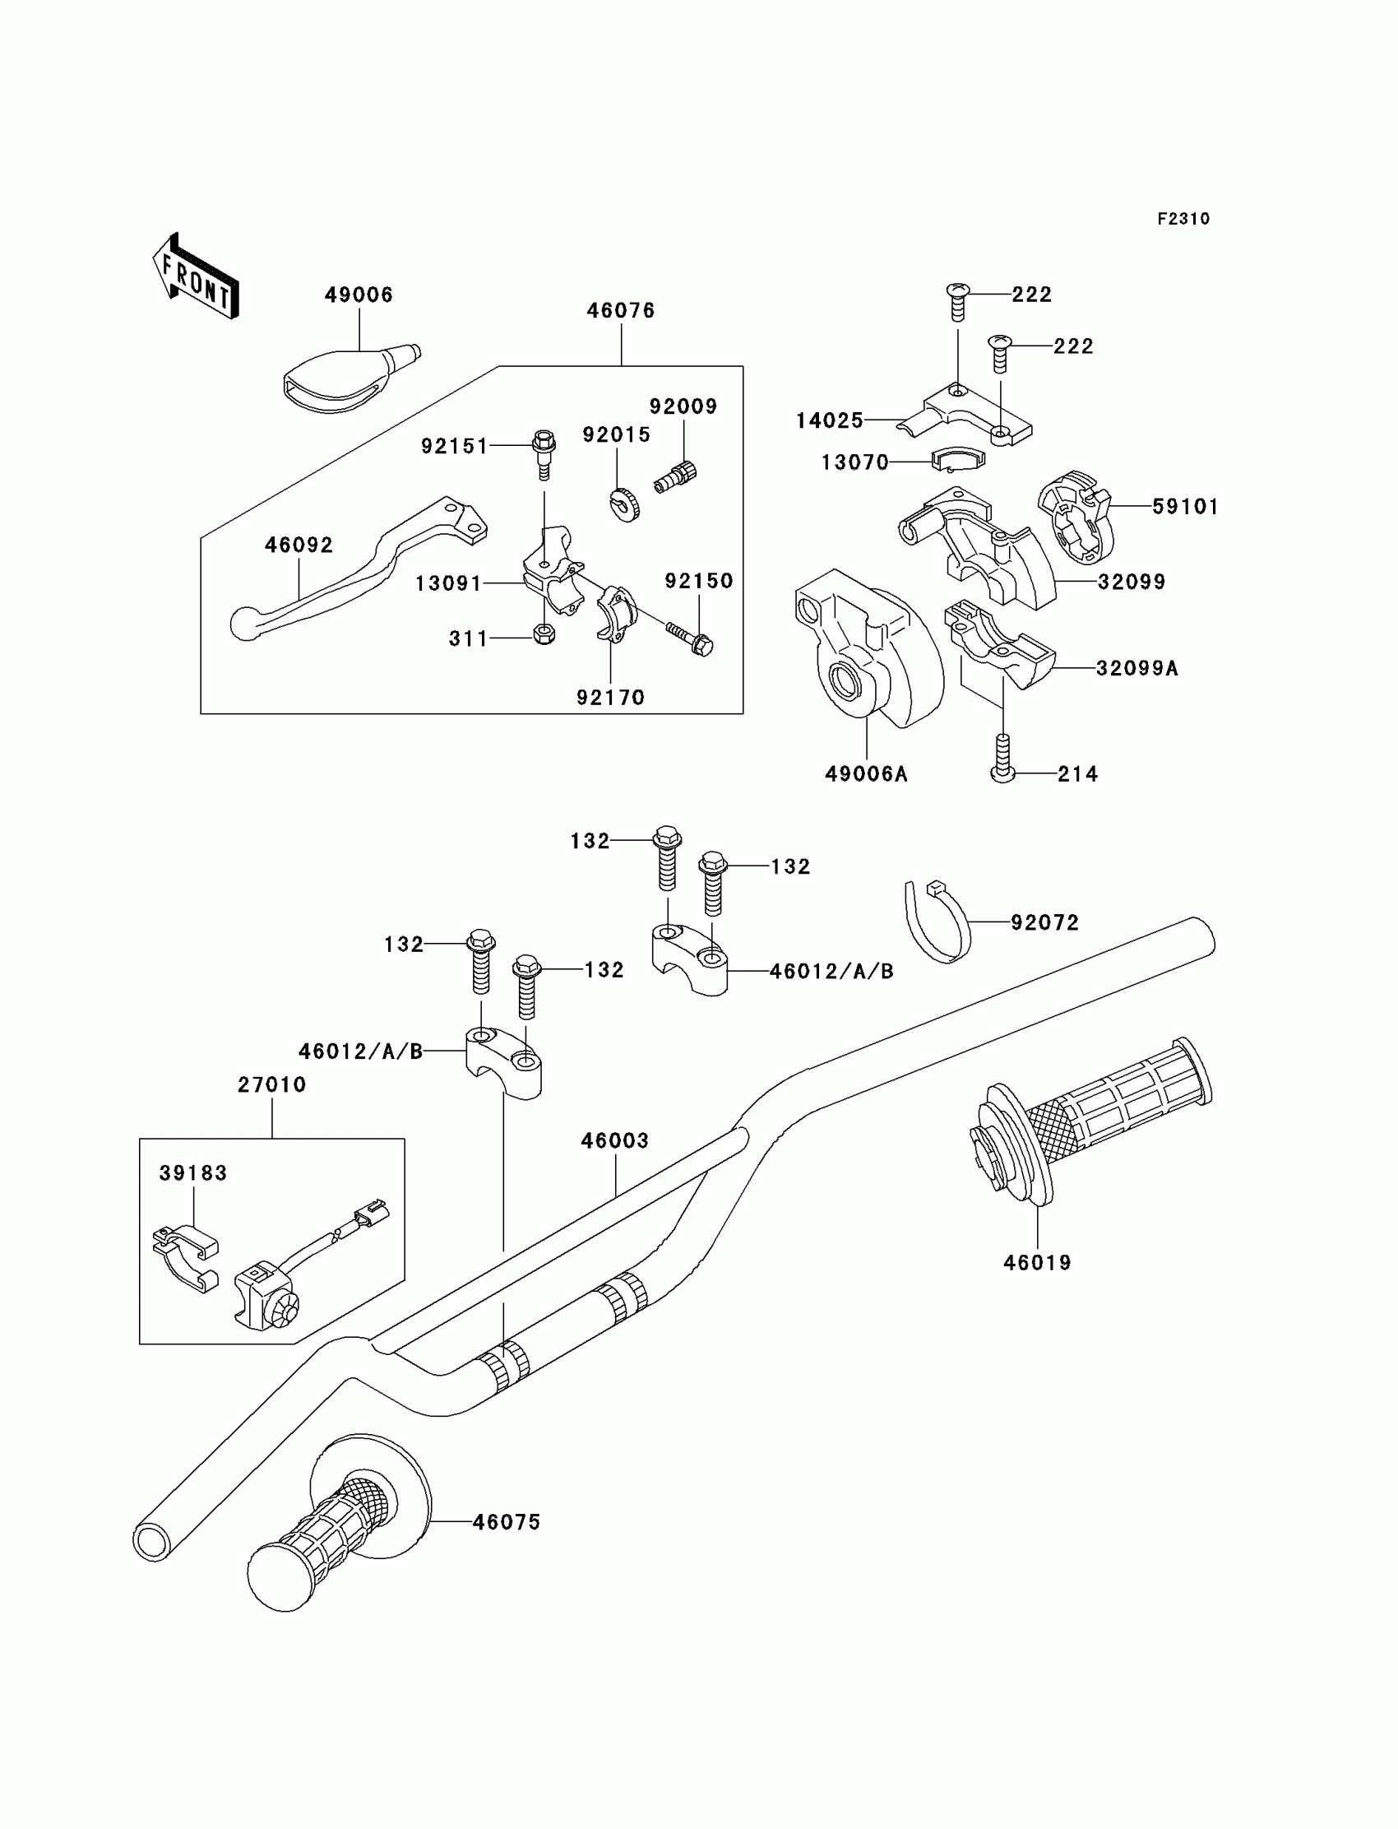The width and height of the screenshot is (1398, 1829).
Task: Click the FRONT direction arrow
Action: click(197, 277)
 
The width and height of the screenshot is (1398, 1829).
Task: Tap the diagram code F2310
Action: click(1183, 219)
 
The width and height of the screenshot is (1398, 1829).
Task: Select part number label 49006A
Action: click(865, 774)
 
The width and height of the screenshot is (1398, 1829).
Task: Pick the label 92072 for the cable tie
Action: click(1044, 922)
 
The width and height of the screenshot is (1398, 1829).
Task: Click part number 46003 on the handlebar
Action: click(614, 1140)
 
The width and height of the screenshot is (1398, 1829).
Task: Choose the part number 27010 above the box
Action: click(272, 1084)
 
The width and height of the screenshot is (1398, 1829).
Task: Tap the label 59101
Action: click(1185, 507)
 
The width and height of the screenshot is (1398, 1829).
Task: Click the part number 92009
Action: click(683, 406)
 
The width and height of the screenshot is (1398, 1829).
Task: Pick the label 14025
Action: click(830, 420)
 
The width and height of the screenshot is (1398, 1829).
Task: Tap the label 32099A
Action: click(1136, 669)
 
